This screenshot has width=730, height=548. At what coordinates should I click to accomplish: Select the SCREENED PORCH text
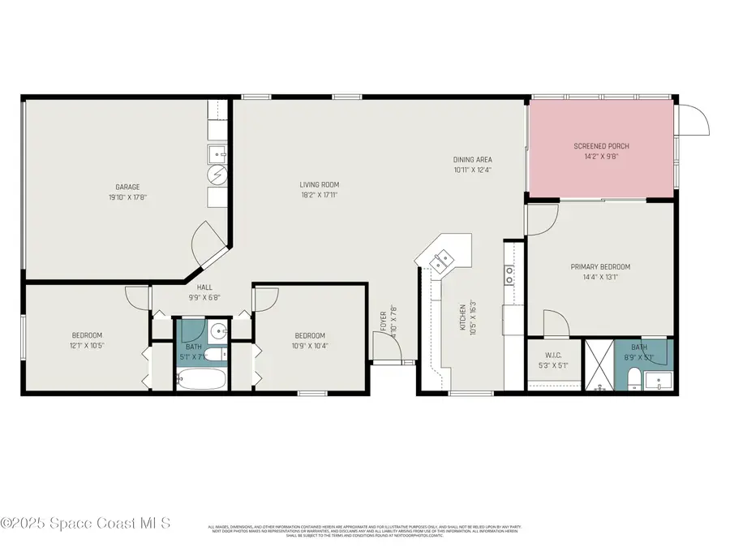click(x=601, y=146)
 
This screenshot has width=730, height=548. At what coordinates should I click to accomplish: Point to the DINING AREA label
click(x=472, y=159)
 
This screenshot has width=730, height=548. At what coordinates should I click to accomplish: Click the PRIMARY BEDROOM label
click(x=600, y=266)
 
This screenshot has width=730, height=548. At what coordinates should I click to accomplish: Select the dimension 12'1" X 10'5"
click(x=87, y=345)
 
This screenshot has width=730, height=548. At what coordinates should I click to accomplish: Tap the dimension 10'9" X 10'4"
click(x=309, y=345)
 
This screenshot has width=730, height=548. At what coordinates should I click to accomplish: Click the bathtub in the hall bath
click(x=202, y=378)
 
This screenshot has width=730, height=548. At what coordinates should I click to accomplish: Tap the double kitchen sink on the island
click(x=442, y=261)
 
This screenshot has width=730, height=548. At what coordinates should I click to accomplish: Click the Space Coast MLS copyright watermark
click(x=85, y=524)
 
